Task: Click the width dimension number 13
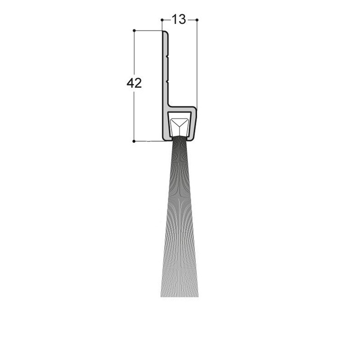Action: (179, 19)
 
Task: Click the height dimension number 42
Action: (134, 83)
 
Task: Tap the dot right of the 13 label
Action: (197, 20)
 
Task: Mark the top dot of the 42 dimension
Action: (134, 31)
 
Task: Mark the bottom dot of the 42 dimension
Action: (134, 141)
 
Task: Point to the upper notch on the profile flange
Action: (167, 57)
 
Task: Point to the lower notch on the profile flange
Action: (167, 81)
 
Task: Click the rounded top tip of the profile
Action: (166, 33)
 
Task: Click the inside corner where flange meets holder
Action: (170, 106)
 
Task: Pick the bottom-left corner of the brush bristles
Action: (161, 297)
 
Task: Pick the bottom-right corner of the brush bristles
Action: (198, 297)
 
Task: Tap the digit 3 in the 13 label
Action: (181, 19)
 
